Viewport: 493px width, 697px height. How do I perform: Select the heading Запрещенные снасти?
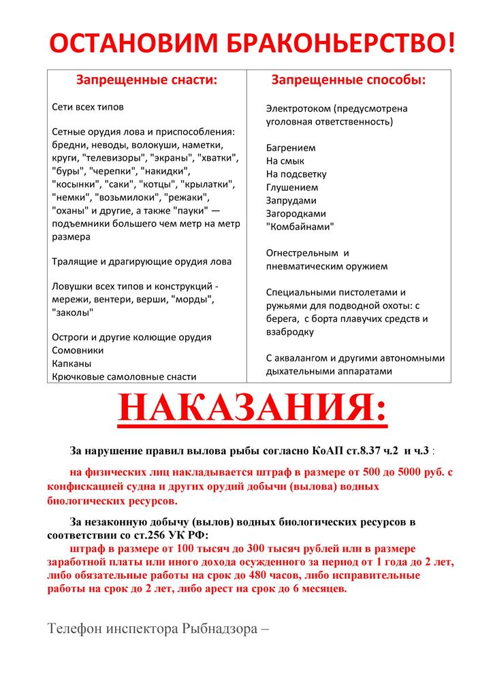[x=146, y=80]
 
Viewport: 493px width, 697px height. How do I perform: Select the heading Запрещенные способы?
[x=349, y=80]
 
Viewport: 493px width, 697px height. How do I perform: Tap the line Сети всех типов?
[x=88, y=107]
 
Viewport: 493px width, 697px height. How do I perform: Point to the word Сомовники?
[x=78, y=350]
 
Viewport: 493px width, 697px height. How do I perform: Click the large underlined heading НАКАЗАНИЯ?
[x=252, y=410]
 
